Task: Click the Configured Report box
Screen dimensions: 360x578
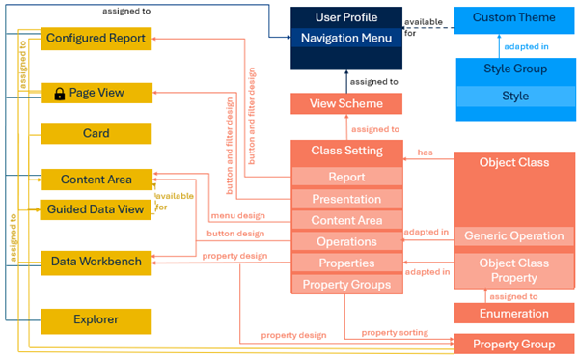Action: (96, 39)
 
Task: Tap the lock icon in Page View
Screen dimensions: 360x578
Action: (60, 94)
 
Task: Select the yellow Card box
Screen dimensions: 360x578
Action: (96, 133)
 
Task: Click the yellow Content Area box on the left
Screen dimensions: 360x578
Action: (96, 180)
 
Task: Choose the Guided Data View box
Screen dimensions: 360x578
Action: (96, 209)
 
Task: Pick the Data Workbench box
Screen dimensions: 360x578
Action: (96, 261)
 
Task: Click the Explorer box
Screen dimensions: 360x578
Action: (96, 319)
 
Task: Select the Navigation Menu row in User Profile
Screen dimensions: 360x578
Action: (346, 39)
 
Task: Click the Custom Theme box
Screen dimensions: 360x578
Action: (514, 18)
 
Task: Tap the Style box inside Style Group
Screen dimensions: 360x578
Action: (514, 97)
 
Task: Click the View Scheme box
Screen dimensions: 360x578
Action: (346, 104)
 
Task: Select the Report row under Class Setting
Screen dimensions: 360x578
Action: (346, 178)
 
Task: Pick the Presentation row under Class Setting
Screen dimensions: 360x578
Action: (346, 199)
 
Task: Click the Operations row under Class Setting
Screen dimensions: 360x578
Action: (346, 241)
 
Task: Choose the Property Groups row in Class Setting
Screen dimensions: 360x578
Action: (346, 284)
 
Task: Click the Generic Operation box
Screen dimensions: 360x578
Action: (514, 236)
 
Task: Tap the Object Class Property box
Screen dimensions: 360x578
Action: (514, 271)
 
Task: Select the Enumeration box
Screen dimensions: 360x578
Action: (514, 313)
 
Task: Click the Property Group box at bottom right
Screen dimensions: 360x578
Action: (514, 345)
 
